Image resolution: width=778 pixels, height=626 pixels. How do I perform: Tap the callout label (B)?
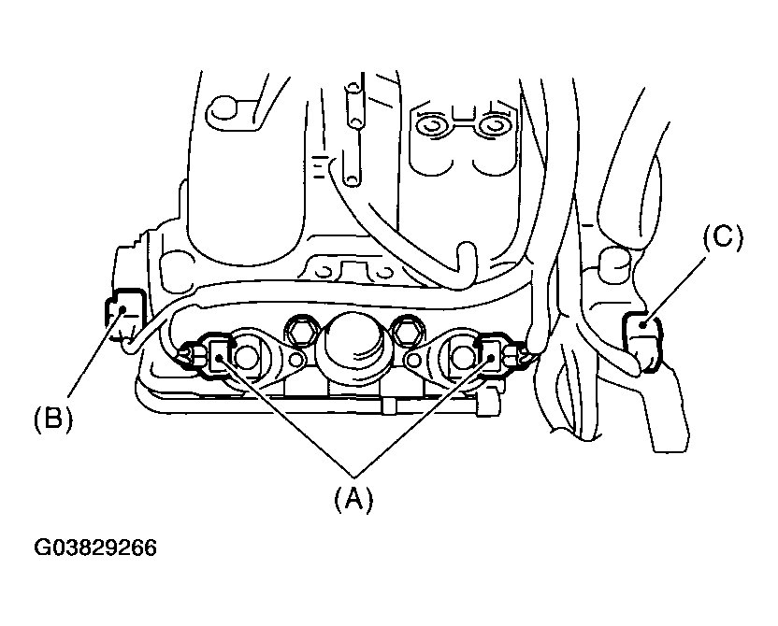coord(53,418)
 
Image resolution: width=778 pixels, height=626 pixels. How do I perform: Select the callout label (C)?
coord(723,238)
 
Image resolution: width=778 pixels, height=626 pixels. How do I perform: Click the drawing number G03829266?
coord(96,547)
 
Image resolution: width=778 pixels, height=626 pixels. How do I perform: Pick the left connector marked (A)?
coord(221,354)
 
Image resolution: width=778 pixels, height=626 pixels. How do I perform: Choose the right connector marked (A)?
coord(489,353)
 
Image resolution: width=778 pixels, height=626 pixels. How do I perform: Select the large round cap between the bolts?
coord(353,337)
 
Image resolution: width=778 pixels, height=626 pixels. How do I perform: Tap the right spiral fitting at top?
coord(493,124)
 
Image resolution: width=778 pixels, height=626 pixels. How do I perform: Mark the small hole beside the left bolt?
coord(295,360)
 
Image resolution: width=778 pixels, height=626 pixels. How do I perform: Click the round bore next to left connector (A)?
coord(246,356)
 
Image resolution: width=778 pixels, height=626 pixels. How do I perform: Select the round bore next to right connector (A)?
coord(462,355)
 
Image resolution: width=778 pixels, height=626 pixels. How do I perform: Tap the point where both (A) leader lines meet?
coord(353,466)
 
